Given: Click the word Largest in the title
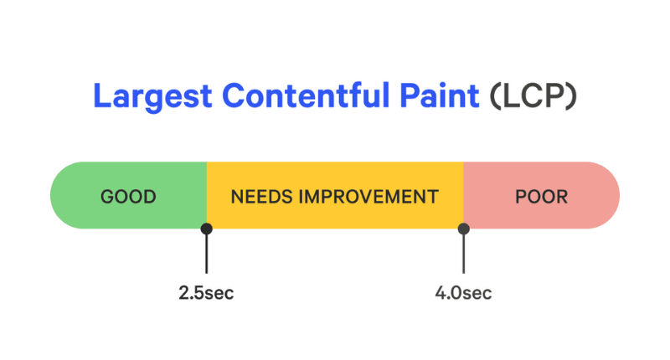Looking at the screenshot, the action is pyautogui.click(x=152, y=97).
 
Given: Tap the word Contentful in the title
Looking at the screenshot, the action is pyautogui.click(x=306, y=95).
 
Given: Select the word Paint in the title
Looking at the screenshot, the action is pyautogui.click(x=439, y=95).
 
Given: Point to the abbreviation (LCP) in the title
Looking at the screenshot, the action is pyautogui.click(x=533, y=95).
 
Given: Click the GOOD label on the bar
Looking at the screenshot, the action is pyautogui.click(x=128, y=197).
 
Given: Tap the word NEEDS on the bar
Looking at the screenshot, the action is pyautogui.click(x=262, y=197).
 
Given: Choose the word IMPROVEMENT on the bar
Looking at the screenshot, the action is pyautogui.click(x=368, y=197).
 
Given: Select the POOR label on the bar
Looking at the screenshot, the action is pyautogui.click(x=541, y=197).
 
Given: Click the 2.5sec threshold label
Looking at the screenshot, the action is pyautogui.click(x=206, y=293).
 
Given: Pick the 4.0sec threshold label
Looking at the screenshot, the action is pyautogui.click(x=464, y=293).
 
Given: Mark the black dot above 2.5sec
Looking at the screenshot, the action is pyautogui.click(x=206, y=229).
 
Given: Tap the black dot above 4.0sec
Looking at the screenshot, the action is pyautogui.click(x=464, y=229).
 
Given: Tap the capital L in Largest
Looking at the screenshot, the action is pyautogui.click(x=101, y=95).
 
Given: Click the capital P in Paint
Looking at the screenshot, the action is pyautogui.click(x=409, y=95).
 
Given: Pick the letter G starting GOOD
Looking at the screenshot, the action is pyautogui.click(x=107, y=197).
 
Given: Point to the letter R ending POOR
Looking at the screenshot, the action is pyautogui.click(x=561, y=197).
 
